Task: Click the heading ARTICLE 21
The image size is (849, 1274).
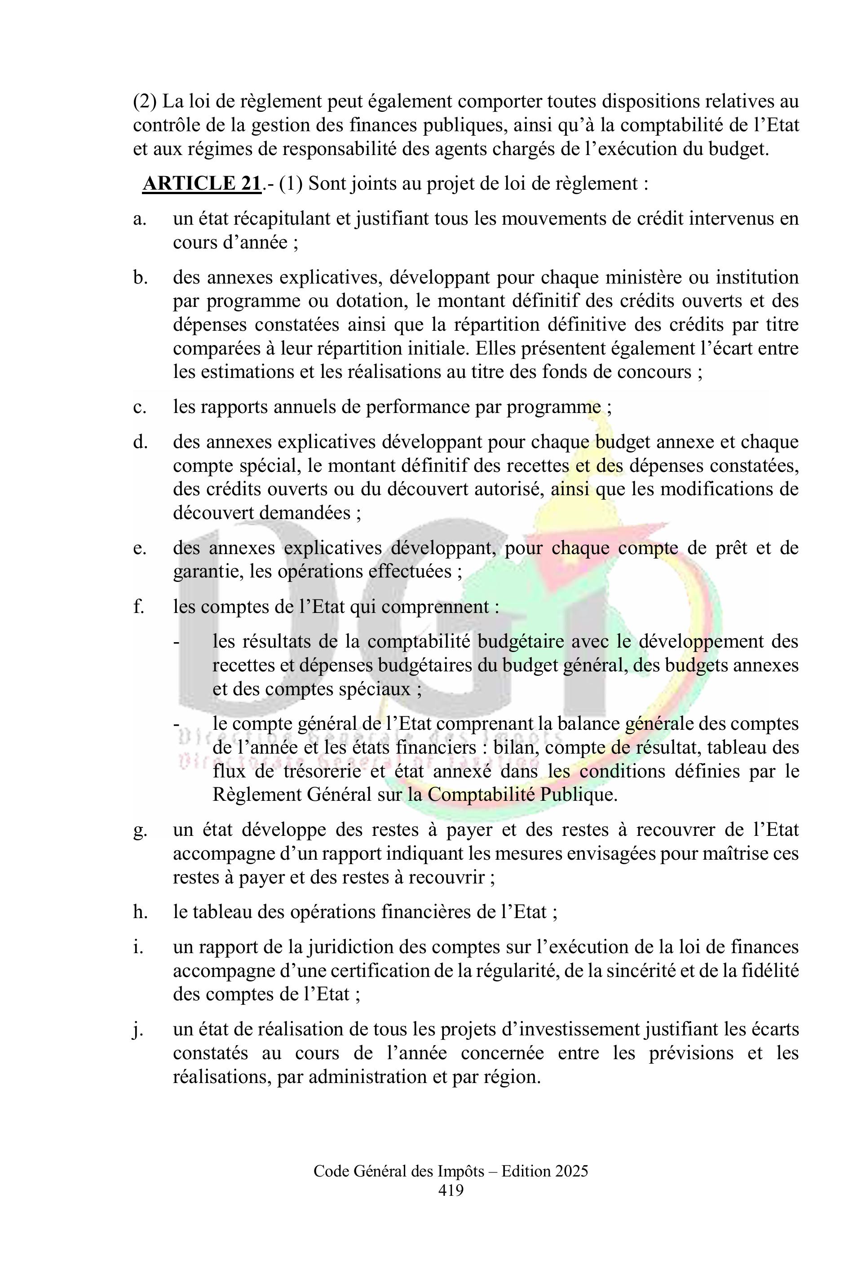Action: click(x=201, y=184)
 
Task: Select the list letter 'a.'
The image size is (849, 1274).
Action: click(x=140, y=219)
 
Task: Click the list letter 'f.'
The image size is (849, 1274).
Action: click(x=139, y=607)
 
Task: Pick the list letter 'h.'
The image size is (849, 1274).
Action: click(x=140, y=912)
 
